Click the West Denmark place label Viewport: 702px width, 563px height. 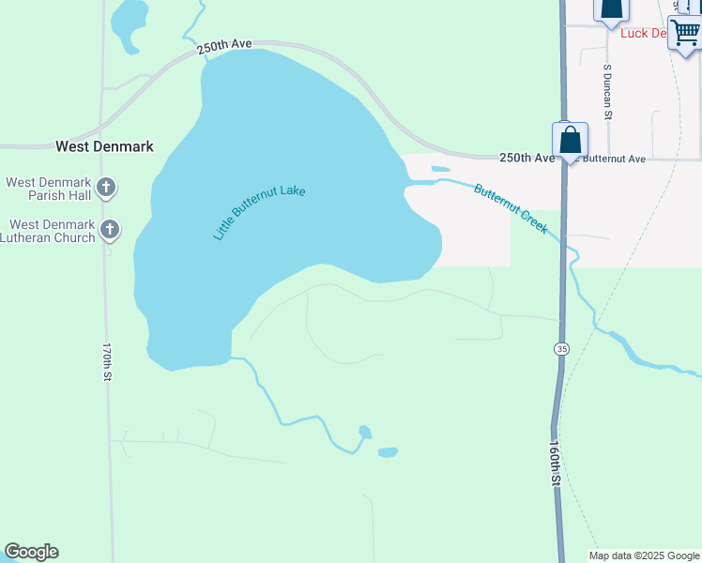104,146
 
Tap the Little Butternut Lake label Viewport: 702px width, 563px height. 260,213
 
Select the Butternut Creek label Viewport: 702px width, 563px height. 511,207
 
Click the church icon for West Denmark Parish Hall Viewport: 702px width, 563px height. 107,188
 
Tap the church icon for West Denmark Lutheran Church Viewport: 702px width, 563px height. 110,229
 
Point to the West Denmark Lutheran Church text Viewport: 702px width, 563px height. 52,231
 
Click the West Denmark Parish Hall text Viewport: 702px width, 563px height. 49,189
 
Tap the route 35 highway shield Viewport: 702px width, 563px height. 561,349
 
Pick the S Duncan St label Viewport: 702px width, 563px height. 608,92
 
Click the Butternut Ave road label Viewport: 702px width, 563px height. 616,160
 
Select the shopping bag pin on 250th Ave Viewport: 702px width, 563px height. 570,142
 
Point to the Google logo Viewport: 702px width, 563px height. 31,552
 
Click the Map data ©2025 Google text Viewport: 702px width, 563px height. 644,555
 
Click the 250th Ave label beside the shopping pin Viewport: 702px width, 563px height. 526,159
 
